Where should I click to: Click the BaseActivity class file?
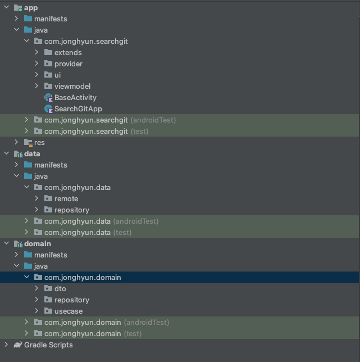coord(75,97)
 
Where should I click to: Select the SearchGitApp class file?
coord(78,108)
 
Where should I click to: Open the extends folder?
coord(68,52)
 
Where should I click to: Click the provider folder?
coord(68,64)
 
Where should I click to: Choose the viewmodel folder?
coord(72,86)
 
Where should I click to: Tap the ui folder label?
coord(58,75)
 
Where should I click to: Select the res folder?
coord(39,142)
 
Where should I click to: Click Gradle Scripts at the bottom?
coord(48,345)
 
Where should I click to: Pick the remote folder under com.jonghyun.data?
coord(66,198)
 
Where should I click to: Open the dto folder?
coord(60,288)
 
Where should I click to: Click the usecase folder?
coord(68,311)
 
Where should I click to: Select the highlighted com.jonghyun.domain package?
coord(82,277)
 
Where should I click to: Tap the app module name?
coord(31,7)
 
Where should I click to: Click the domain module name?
coord(37,243)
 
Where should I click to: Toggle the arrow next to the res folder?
coord(16,142)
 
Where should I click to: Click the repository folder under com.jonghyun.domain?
coord(71,300)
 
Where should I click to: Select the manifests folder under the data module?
coord(50,165)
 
